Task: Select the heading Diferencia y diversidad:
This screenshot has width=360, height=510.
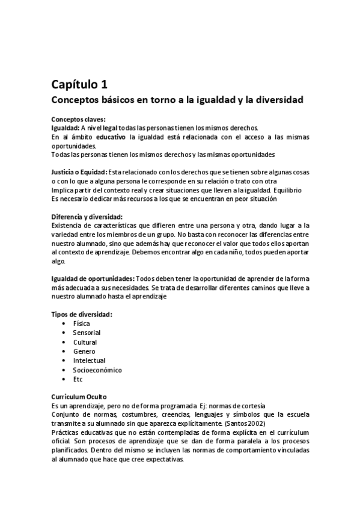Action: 87,217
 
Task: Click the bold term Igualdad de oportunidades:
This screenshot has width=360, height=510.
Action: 93,278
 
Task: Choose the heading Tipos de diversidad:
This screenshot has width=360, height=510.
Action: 82,315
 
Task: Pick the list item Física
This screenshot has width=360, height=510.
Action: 82,324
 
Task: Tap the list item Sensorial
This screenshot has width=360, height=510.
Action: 87,333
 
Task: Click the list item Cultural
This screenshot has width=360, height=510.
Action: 85,342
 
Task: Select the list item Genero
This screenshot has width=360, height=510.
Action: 84,351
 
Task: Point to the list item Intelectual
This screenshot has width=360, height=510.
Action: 89,361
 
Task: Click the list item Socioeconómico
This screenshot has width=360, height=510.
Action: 97,370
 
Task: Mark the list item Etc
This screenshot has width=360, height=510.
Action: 78,379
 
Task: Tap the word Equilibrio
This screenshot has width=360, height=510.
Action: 291,190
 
